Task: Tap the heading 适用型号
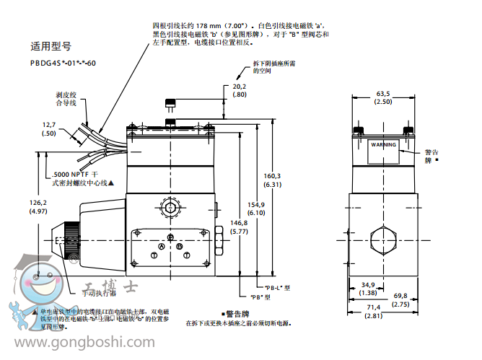[x=51, y=45]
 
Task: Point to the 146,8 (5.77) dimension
[x=239, y=228]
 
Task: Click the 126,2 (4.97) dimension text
[x=38, y=207]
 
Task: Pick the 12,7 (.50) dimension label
[x=48, y=128]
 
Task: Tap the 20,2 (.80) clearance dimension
[x=240, y=90]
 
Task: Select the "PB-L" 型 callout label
[x=276, y=287]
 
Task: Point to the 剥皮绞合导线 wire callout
[x=66, y=99]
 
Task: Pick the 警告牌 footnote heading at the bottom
[x=237, y=314]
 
